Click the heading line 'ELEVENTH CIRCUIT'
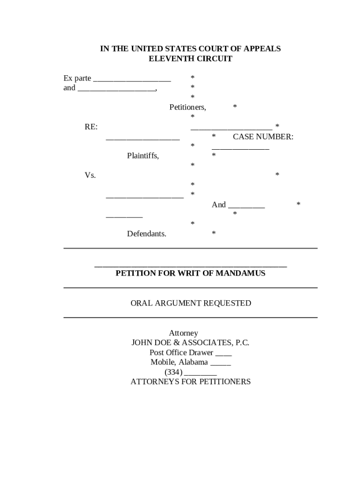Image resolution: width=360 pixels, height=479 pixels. pyautogui.click(x=190, y=59)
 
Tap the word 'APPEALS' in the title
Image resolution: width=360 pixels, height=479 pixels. pyautogui.click(x=260, y=49)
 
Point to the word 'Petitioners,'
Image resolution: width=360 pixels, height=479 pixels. pyautogui.click(x=187, y=107)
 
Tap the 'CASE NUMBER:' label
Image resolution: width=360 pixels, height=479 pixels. pyautogui.click(x=263, y=137)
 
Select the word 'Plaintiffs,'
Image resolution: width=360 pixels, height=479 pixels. pyautogui.click(x=143, y=156)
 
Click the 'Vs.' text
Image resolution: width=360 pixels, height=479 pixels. pyautogui.click(x=90, y=175)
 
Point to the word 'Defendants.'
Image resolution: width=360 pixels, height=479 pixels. pyautogui.click(x=146, y=233)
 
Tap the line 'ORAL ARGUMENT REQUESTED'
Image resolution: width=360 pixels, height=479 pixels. pyautogui.click(x=190, y=303)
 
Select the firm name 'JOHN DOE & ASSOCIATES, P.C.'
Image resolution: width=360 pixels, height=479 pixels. pyautogui.click(x=190, y=342)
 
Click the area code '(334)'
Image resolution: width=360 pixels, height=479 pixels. pyautogui.click(x=173, y=372)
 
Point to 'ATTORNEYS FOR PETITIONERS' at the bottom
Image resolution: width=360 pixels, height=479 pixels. pyautogui.click(x=190, y=382)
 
